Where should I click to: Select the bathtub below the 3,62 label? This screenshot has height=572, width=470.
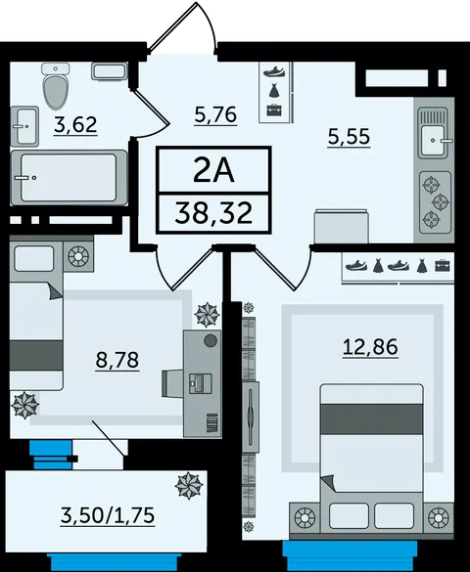(69, 177)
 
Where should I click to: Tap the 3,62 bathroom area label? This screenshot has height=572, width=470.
(75, 124)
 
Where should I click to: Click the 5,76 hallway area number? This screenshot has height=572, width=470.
(215, 114)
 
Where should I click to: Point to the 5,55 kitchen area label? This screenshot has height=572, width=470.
(350, 137)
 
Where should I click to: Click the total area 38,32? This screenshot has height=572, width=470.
(214, 213)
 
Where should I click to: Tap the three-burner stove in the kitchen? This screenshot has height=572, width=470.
(435, 202)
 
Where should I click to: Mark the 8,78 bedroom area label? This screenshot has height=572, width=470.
(117, 360)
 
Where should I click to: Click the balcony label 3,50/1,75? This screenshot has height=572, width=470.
(108, 516)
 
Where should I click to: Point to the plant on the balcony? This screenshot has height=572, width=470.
(189, 486)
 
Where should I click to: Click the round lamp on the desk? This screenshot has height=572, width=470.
(211, 341)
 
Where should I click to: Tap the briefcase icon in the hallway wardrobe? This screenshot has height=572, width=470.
(274, 110)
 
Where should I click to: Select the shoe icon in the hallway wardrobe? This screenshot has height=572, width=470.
(274, 70)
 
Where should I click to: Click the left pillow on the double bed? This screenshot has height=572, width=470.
(349, 515)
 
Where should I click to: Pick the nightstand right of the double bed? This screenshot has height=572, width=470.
(440, 517)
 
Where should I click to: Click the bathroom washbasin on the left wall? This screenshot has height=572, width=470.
(24, 126)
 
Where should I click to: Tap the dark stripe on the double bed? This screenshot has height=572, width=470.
(372, 419)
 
